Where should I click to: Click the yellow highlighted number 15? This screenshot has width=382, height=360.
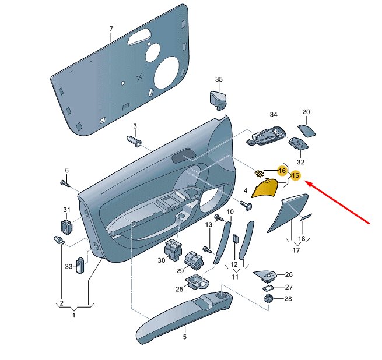pyautogui.click(x=295, y=175)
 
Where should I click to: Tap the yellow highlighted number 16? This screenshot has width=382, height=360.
pyautogui.click(x=282, y=171)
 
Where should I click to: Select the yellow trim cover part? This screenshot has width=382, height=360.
pyautogui.click(x=265, y=188)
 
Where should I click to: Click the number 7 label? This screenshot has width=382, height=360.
pyautogui.click(x=111, y=29)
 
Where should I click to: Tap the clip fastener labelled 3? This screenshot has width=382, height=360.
pyautogui.click(x=134, y=142)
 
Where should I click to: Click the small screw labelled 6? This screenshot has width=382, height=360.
pyautogui.click(x=65, y=183)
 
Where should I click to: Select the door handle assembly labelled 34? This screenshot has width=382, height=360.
pyautogui.click(x=266, y=136)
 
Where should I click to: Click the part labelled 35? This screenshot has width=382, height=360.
pyautogui.click(x=218, y=100)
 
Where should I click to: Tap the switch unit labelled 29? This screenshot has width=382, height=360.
pyautogui.click(x=194, y=260)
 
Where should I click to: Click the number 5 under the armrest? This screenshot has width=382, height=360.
pyautogui.click(x=185, y=337)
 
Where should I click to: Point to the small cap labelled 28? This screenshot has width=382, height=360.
pyautogui.click(x=268, y=298)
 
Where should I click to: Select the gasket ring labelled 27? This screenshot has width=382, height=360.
pyautogui.click(x=268, y=288)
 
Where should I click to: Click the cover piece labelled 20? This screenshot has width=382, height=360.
pyautogui.click(x=306, y=131)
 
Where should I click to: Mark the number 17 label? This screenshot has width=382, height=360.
pyautogui.click(x=296, y=250)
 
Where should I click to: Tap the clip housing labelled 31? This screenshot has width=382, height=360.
pyautogui.click(x=66, y=227)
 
